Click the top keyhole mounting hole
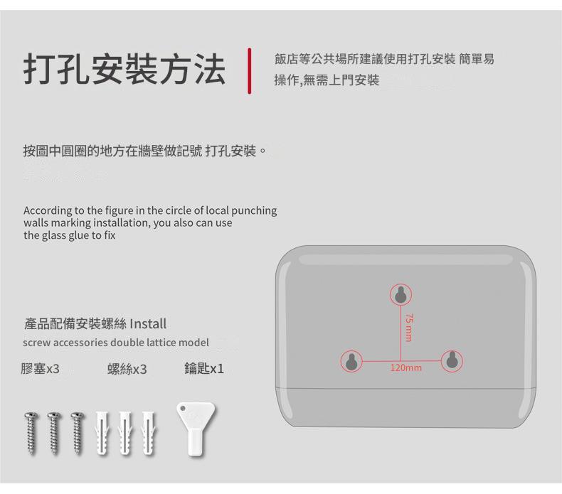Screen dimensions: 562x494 [x=401, y=295]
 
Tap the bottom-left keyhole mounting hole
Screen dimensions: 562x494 [x=351, y=362]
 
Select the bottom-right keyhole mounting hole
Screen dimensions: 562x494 [x=452, y=360]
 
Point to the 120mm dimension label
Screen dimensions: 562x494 [x=406, y=367]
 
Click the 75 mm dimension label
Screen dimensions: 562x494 [x=409, y=328]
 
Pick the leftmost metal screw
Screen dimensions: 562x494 [x=31, y=434]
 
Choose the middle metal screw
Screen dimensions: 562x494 [x=54, y=434]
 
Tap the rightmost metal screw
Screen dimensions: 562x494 [x=78, y=434]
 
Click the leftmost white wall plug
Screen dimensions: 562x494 [x=102, y=434]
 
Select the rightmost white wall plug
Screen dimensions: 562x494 [x=149, y=434]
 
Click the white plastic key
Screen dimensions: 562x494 [x=196, y=429]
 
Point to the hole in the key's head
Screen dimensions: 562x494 [x=183, y=409]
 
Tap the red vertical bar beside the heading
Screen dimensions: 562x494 [x=250, y=71]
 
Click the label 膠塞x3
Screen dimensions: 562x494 [x=40, y=369]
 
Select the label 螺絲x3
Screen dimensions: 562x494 [x=127, y=369]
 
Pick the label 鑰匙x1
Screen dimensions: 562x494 [x=204, y=368]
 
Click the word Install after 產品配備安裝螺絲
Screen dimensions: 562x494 [x=148, y=324]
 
